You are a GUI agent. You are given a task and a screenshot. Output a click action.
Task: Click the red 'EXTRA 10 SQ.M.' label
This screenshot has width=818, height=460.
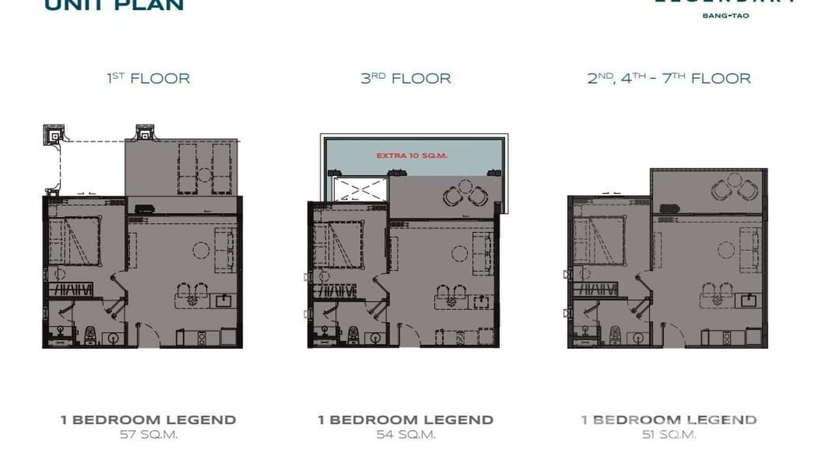coord(411,156)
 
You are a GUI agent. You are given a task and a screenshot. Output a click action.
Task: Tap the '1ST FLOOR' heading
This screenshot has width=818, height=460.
coord(148,79)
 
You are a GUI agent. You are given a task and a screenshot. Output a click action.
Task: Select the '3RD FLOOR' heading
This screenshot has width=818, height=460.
coord(405,79)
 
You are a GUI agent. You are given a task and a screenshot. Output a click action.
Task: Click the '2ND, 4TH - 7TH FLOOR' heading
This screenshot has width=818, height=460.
coord(669,79)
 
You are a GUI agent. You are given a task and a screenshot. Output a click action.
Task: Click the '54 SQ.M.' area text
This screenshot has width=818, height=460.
coord(405,435)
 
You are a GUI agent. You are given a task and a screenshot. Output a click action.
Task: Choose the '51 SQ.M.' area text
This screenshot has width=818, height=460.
coord(669,435)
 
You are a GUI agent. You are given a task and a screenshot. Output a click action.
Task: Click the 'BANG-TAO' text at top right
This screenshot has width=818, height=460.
coord(725,15)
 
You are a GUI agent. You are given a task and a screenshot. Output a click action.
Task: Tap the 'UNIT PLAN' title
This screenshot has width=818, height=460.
coord(114,5)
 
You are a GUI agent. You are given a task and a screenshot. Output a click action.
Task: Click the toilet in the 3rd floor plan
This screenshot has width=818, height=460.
coord(352,334)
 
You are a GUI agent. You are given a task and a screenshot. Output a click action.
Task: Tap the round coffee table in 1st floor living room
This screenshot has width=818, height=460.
coord(201,250)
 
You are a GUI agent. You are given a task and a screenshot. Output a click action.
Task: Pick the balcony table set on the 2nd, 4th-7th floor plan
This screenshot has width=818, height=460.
coord(730,187)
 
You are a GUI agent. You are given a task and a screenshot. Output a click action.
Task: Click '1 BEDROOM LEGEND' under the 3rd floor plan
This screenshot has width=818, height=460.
coord(405,420)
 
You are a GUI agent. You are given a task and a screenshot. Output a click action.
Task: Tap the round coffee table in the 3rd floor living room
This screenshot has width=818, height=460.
coord(460,251)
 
